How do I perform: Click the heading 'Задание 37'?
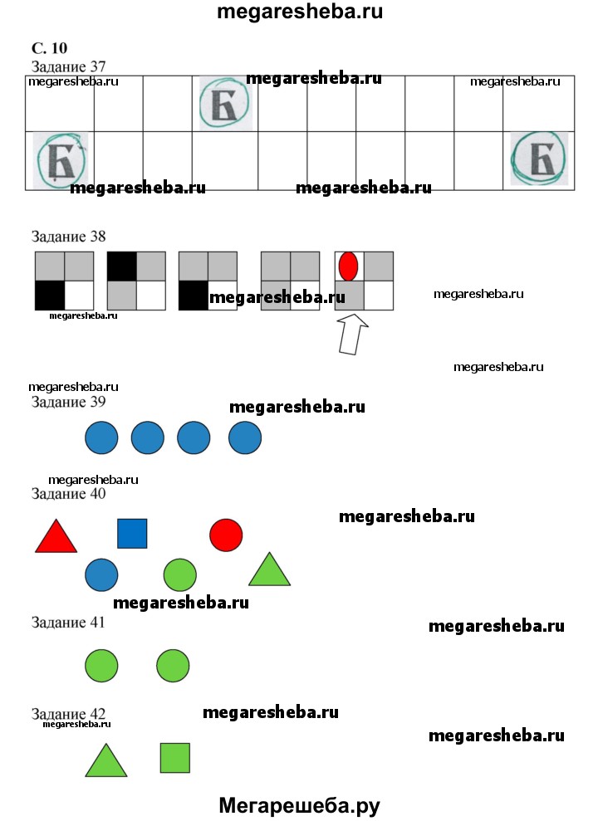tap(80, 66)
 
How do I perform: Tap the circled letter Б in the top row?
tap(224, 104)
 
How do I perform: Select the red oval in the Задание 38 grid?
tap(348, 266)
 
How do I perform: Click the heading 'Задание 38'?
tap(80, 237)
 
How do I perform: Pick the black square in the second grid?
tap(122, 266)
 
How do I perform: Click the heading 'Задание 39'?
tap(80, 402)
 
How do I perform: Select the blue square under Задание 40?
tap(132, 534)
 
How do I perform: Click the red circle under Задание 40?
tap(226, 535)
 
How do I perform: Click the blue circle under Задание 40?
tap(101, 574)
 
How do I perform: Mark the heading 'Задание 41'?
tap(80, 622)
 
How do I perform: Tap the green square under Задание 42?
tap(174, 757)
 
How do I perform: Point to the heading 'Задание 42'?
tap(80, 714)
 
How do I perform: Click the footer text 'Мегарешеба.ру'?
tap(299, 805)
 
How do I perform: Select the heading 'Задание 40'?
tap(80, 494)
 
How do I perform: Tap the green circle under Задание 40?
tap(180, 574)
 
